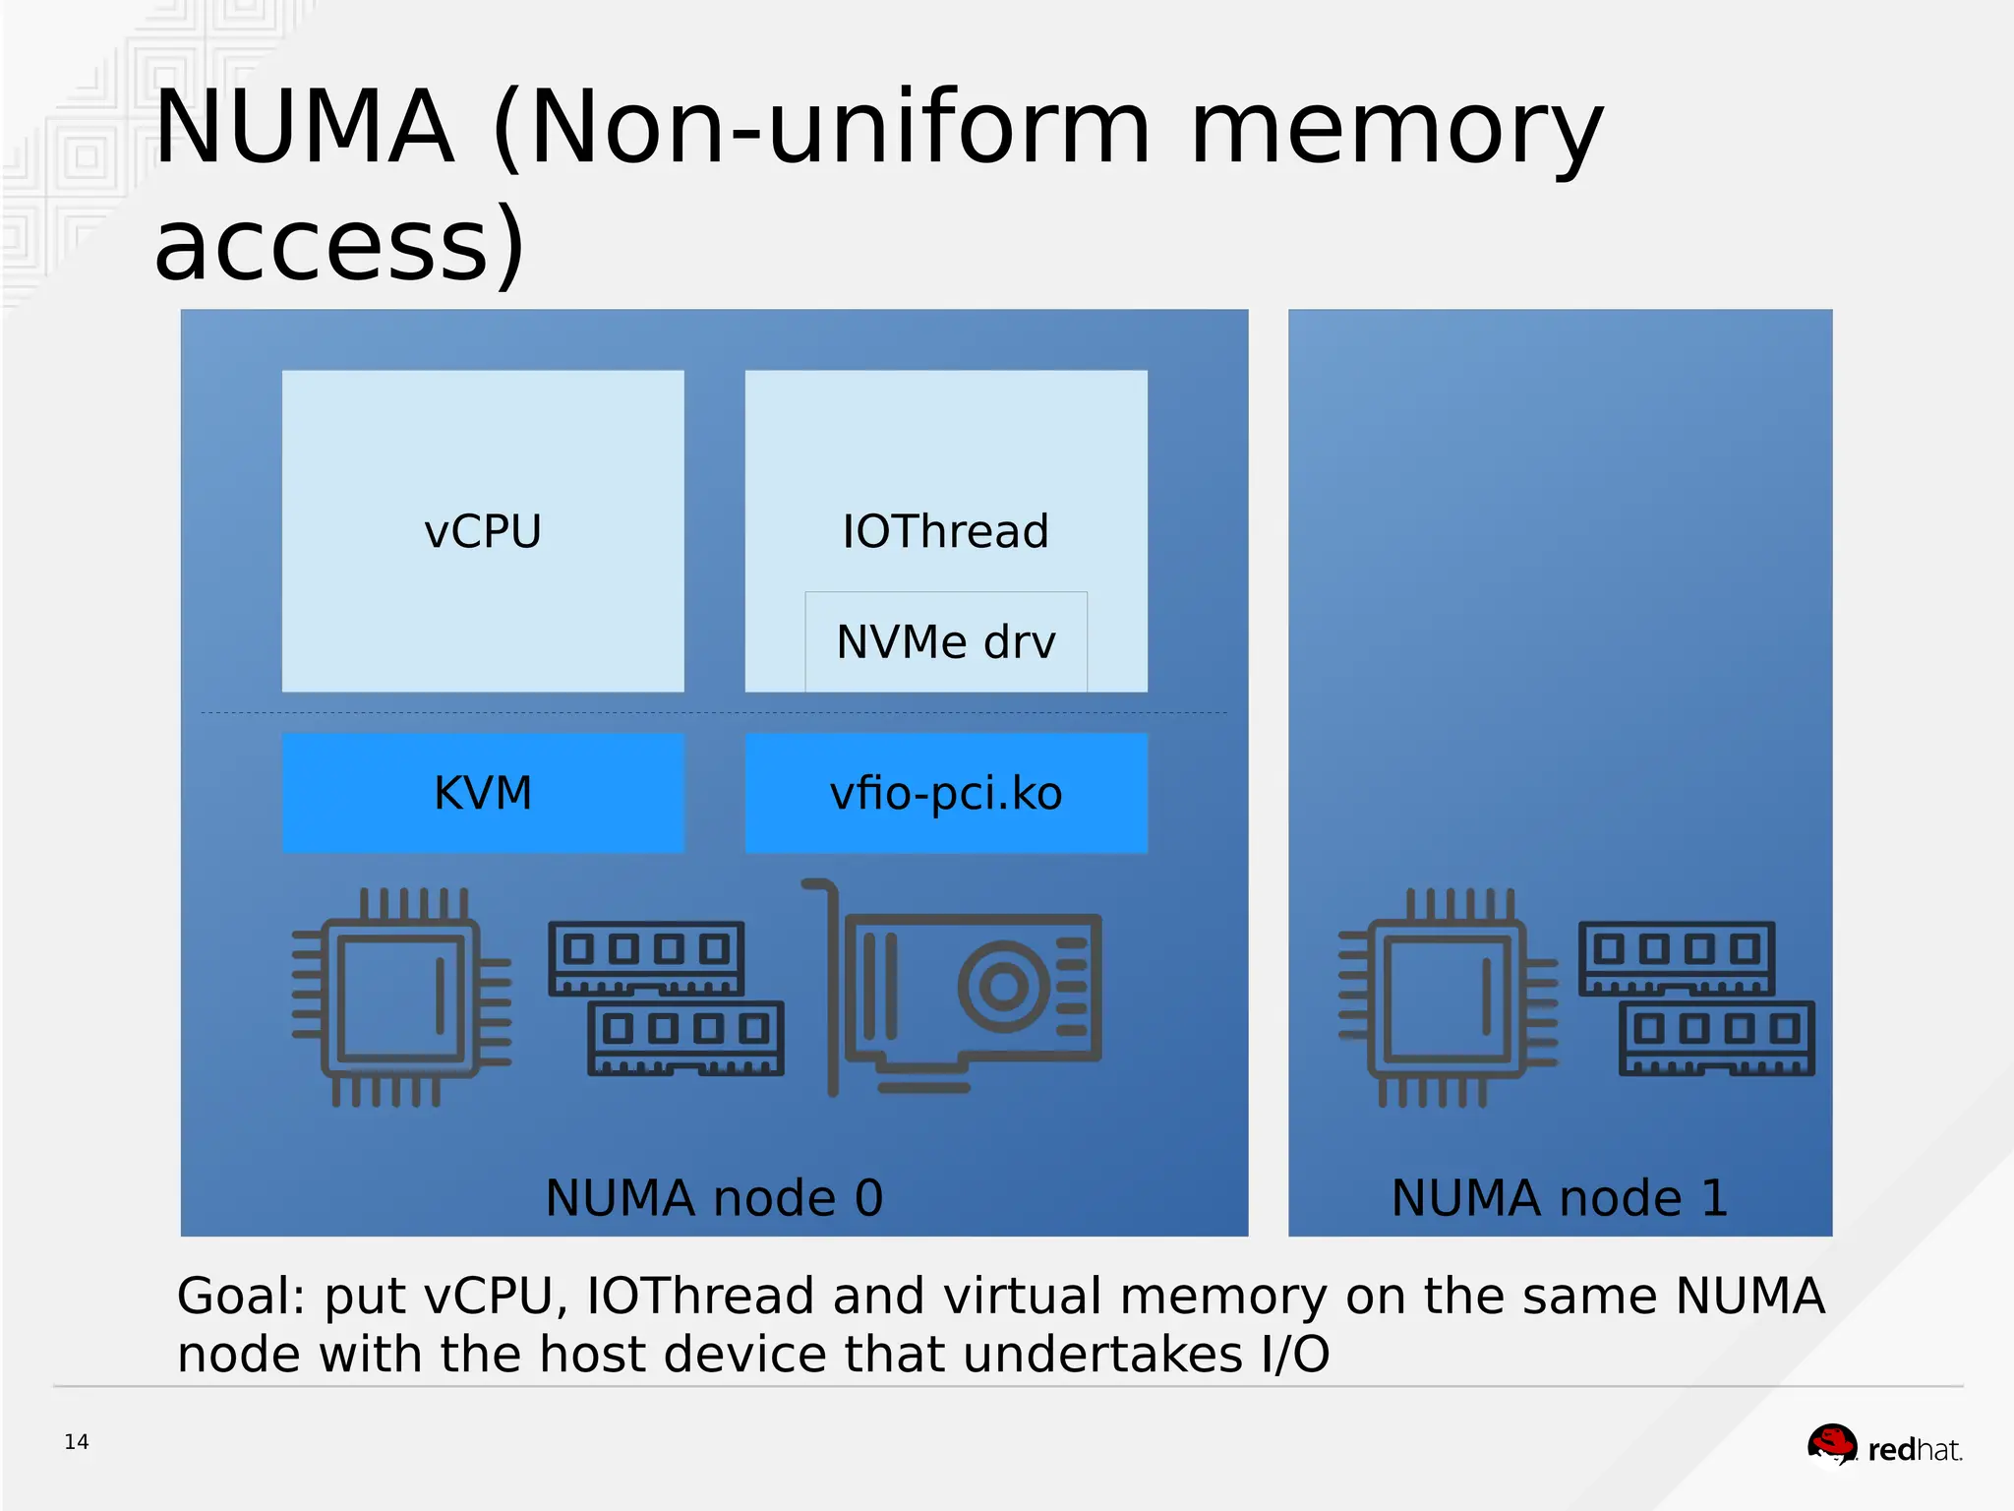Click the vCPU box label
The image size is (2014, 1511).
point(483,532)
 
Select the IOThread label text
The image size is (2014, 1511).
point(945,532)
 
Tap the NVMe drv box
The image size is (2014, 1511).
point(945,642)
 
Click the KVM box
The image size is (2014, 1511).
point(483,793)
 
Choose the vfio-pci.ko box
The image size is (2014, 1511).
point(945,793)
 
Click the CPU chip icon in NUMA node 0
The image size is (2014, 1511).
point(401,997)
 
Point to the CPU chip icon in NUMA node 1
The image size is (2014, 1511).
point(1448,997)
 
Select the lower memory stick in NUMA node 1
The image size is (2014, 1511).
point(1716,1038)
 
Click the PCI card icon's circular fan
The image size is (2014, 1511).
point(1003,986)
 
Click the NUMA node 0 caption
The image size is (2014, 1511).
point(714,1198)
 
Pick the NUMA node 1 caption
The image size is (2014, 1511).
point(1560,1198)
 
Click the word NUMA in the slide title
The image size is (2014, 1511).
point(305,128)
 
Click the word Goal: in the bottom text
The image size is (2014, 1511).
point(242,1297)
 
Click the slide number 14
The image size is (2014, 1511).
point(77,1442)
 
